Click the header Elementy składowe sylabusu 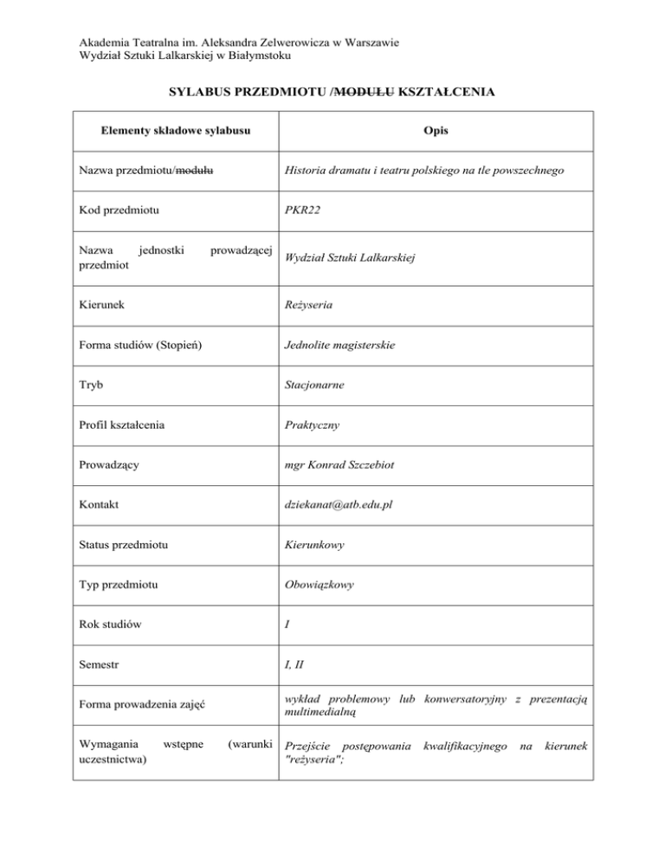click(x=176, y=131)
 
